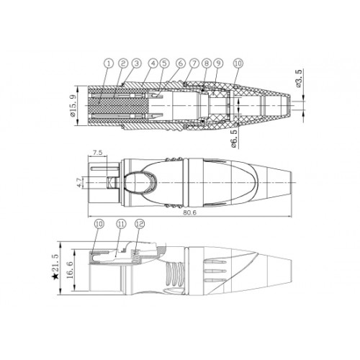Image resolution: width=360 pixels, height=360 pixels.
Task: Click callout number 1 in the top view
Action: (x=109, y=64)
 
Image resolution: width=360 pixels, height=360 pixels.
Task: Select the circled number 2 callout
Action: (x=123, y=63)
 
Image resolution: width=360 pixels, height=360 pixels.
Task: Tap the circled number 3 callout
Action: (x=137, y=63)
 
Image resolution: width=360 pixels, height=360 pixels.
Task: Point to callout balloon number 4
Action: (x=153, y=63)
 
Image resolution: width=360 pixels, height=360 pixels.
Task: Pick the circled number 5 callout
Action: (x=164, y=63)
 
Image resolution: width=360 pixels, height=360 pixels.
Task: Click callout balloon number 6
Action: (x=181, y=63)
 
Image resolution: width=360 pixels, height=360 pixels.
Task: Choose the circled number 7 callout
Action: (x=194, y=63)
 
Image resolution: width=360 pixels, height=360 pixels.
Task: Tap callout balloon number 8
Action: (x=207, y=63)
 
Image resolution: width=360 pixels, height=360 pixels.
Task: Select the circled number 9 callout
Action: (x=218, y=63)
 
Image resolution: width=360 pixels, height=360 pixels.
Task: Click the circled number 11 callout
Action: (x=121, y=224)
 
